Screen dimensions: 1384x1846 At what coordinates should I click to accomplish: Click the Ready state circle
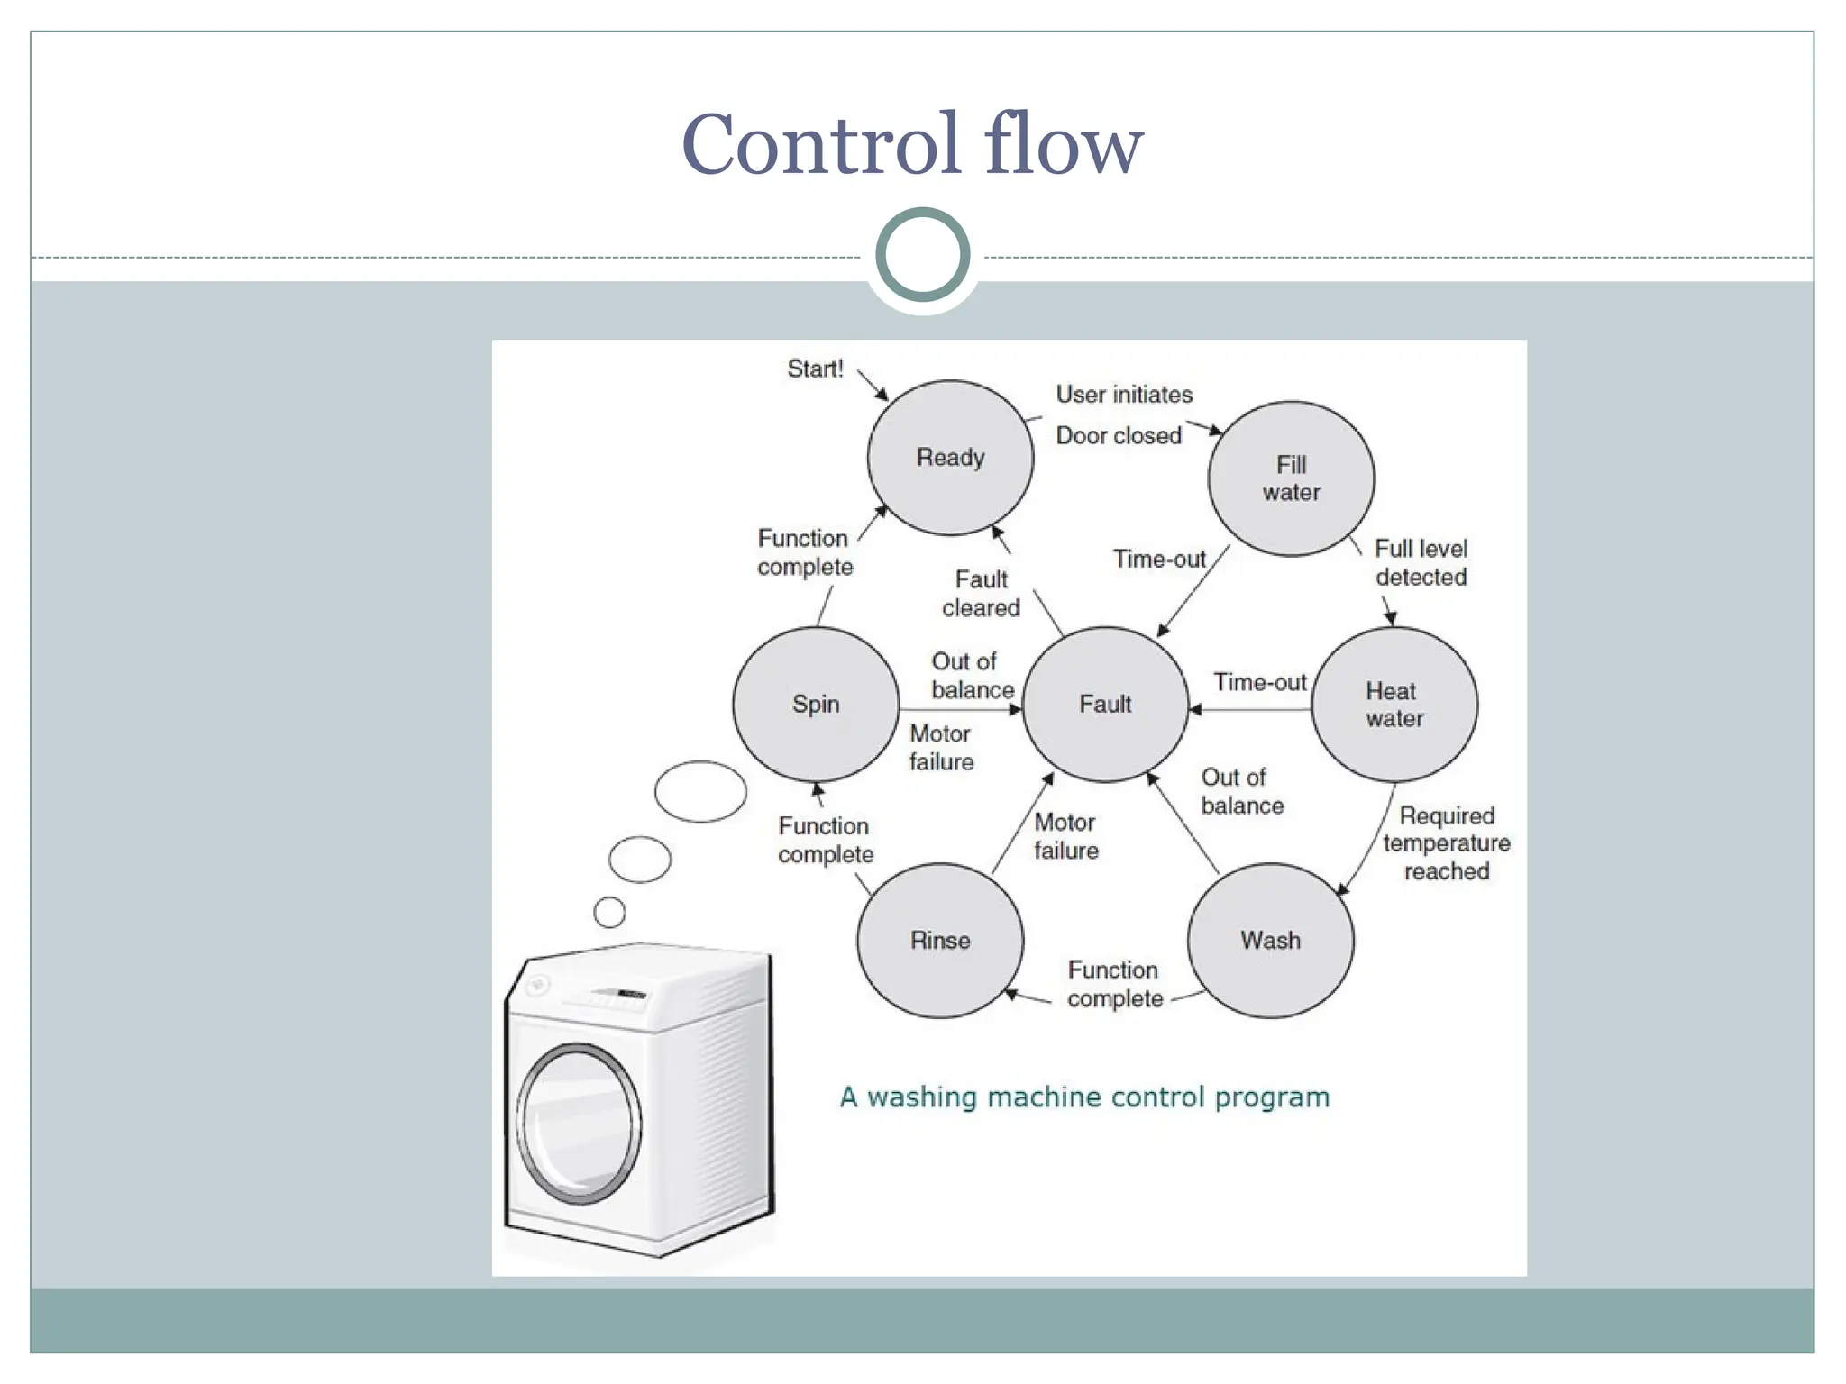[x=950, y=458]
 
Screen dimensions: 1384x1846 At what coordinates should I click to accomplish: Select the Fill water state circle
[x=1291, y=478]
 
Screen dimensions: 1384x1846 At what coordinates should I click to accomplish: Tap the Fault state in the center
[x=1105, y=704]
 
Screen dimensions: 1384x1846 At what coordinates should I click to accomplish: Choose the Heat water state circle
[x=1394, y=705]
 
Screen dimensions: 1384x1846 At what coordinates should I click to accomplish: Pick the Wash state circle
[x=1270, y=941]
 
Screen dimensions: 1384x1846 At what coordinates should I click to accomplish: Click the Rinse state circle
[x=940, y=941]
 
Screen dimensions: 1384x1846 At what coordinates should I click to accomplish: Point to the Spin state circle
[x=816, y=704]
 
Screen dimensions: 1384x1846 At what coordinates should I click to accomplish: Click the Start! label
[x=815, y=369]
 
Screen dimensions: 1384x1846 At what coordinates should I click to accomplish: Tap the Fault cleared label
[x=981, y=593]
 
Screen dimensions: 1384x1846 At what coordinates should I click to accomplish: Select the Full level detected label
[x=1421, y=562]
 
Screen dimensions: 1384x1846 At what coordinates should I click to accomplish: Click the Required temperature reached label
[x=1446, y=843]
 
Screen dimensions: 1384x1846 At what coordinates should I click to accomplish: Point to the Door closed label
[x=1118, y=436]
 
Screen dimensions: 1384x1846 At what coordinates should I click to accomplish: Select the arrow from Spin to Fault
[x=960, y=710]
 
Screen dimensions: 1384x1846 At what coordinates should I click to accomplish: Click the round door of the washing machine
[x=579, y=1124]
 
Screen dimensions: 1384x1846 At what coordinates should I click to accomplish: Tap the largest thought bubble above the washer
[x=700, y=791]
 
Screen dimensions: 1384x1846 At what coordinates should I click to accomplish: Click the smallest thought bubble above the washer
[x=610, y=912]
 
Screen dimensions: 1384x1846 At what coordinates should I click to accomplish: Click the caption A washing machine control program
[x=1084, y=1097]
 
